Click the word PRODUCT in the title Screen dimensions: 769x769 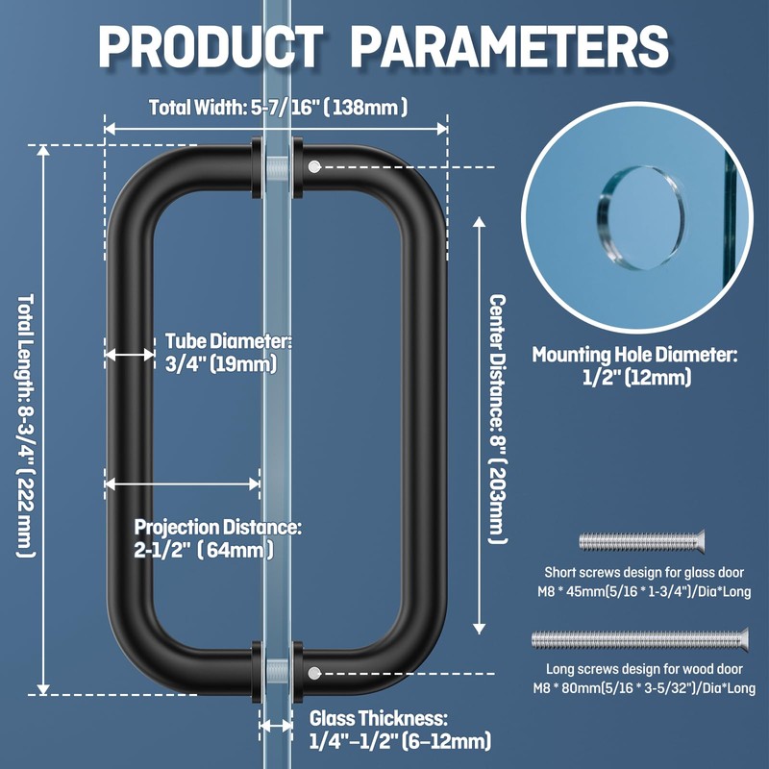click(x=211, y=45)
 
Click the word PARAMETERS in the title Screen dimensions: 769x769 click(x=510, y=45)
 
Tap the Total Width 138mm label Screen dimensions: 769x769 click(x=278, y=107)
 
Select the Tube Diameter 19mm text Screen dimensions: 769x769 click(x=229, y=353)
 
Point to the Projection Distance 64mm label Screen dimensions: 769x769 click(x=218, y=538)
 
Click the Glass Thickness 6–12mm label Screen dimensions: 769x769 click(x=400, y=730)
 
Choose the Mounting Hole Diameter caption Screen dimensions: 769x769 click(x=634, y=365)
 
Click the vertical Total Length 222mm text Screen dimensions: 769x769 click(x=26, y=426)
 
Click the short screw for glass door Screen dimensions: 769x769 click(x=641, y=541)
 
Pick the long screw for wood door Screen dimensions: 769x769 click(x=640, y=639)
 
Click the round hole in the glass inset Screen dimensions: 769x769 click(x=640, y=218)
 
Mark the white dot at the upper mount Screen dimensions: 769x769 click(x=314, y=166)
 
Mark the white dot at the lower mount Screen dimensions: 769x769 click(x=314, y=673)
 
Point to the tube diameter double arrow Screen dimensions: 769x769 click(x=130, y=354)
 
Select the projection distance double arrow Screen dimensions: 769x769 click(x=182, y=484)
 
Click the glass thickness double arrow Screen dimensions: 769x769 click(x=276, y=726)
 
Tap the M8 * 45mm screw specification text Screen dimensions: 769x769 click(x=644, y=591)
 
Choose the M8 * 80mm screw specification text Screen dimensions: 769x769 click(x=644, y=688)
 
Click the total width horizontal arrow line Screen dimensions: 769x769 click(x=276, y=129)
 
